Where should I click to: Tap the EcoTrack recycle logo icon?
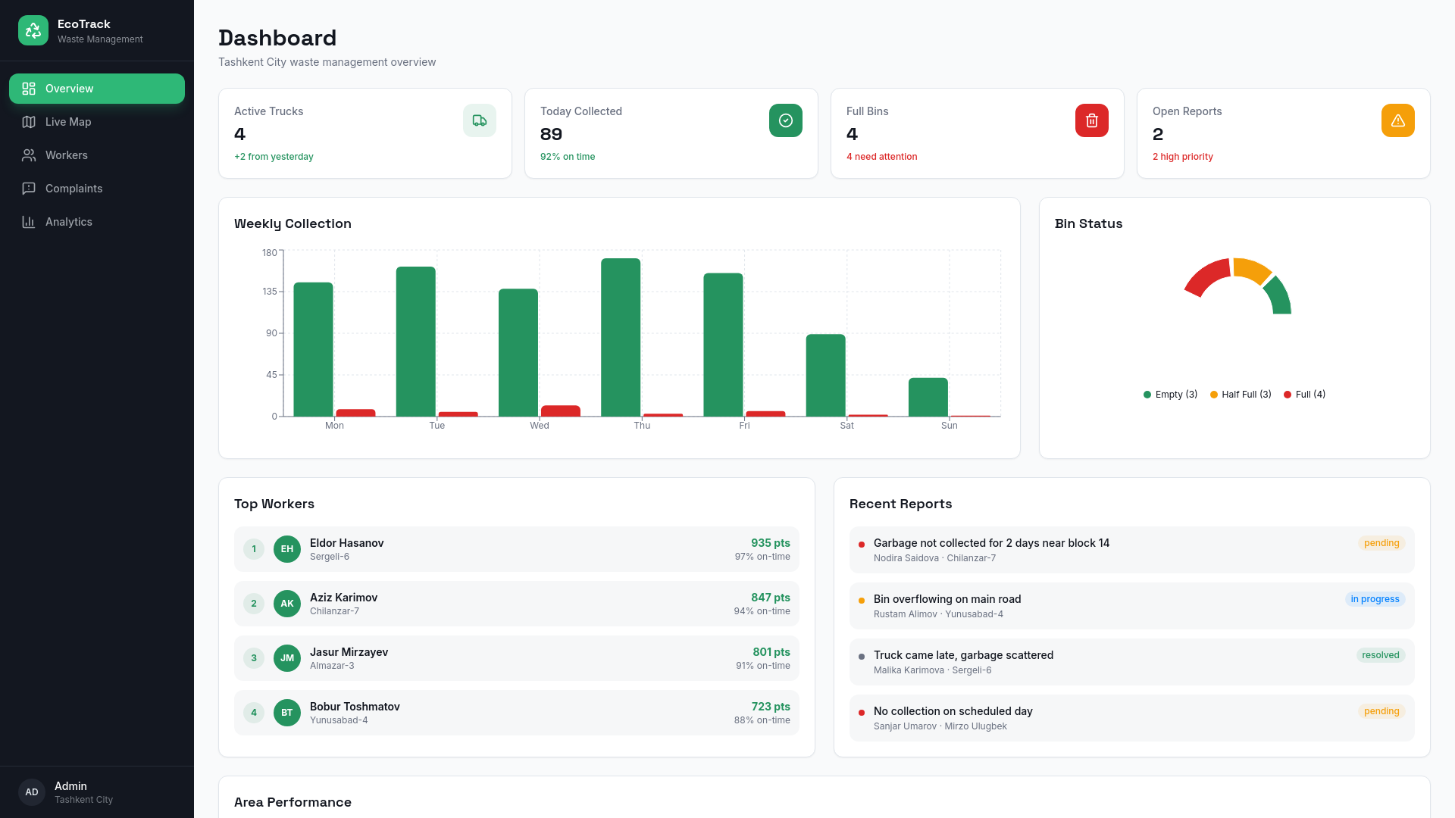point(33,30)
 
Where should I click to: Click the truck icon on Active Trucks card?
point(480,120)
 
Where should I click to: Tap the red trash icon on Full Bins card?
point(1092,120)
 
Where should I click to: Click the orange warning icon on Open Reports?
point(1398,120)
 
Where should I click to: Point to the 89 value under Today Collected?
point(551,134)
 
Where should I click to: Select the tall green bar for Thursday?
point(621,337)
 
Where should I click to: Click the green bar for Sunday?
point(928,397)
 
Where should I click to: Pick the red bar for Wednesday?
point(561,411)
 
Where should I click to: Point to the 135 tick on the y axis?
point(270,292)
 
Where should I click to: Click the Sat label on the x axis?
point(846,426)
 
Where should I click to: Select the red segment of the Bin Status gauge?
point(1206,276)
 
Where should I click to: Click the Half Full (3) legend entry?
point(1241,395)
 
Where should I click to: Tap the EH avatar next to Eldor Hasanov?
point(287,549)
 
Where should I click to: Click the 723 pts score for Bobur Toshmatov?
point(771,707)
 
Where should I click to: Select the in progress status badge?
point(1375,599)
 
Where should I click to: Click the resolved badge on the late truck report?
point(1381,655)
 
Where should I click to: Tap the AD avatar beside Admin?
point(32,792)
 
